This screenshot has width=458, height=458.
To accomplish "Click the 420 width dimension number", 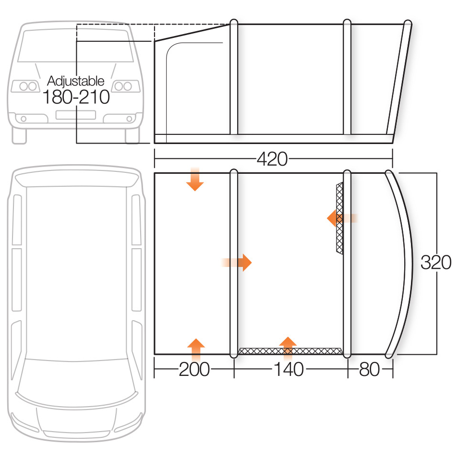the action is point(272,159).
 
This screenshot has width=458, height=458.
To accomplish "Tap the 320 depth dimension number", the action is point(436,262).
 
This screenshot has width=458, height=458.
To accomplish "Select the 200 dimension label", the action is point(194,369).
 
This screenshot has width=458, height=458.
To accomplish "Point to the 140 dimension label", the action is point(289,369).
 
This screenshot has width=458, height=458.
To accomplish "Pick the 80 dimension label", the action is point(369,369).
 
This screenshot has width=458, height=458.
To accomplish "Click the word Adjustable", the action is point(76,81).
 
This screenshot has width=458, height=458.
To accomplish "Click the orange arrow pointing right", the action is point(236,263).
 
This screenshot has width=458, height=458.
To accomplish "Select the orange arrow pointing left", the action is point(342,218).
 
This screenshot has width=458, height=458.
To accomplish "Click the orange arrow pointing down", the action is point(195,179).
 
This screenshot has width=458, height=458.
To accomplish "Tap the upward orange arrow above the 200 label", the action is point(196,350).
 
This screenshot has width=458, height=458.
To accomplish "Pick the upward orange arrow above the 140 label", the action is point(288,349).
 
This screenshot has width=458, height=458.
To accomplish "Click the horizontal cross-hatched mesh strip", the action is point(290,351).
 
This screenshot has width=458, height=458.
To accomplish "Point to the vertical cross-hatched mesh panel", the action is point(340,218).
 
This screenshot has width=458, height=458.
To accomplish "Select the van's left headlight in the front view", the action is point(25,86).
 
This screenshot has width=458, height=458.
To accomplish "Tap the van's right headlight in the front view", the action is point(126,86).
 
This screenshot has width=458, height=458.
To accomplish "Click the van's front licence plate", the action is point(76,115).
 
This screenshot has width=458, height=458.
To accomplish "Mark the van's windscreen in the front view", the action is point(76,46).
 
